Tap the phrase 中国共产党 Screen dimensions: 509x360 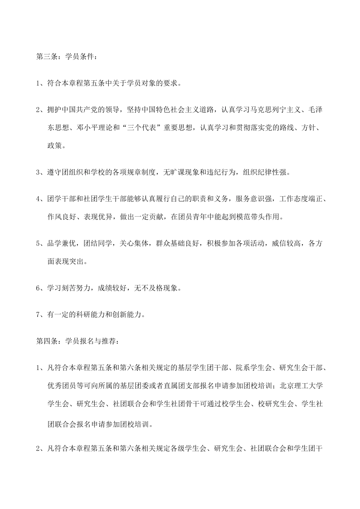(x=83, y=110)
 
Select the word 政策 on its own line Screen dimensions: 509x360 (x=53, y=145)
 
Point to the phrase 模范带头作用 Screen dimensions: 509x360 (x=252, y=217)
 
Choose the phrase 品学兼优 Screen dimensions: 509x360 (x=61, y=244)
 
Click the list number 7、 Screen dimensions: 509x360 (x=40, y=314)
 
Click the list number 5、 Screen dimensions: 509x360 (x=40, y=244)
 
